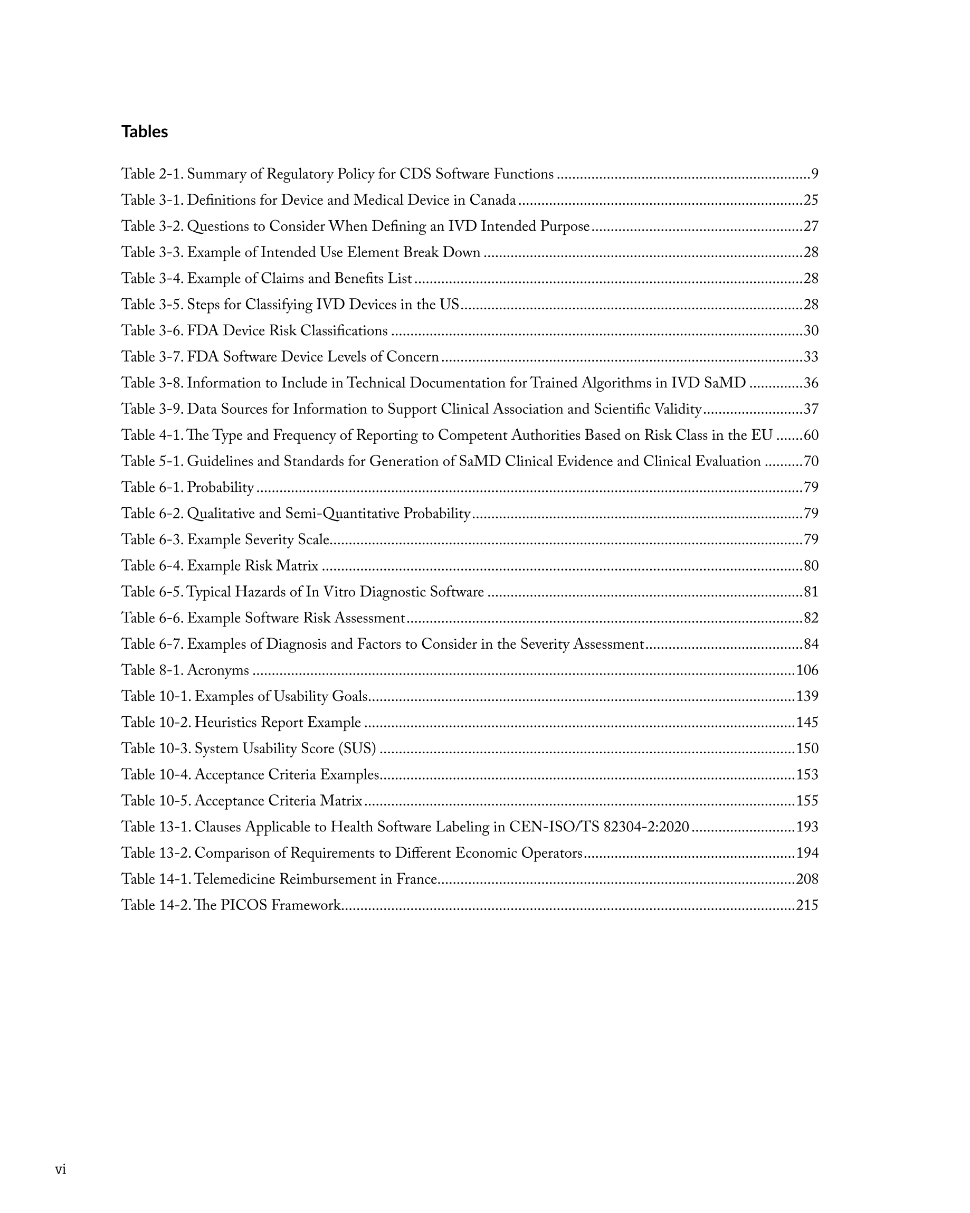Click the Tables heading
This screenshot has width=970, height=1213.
(145, 131)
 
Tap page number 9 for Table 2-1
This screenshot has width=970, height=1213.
(814, 174)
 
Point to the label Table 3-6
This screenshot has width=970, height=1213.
(152, 331)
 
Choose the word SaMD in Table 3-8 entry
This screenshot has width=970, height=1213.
(725, 383)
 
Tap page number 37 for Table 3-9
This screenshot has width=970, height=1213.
(810, 409)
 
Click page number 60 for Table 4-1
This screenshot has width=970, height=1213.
(810, 435)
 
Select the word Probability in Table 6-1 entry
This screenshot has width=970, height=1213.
(220, 488)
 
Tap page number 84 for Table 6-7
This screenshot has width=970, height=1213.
(810, 644)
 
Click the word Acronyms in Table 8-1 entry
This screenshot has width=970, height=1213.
(218, 671)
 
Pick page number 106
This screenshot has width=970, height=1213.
(807, 671)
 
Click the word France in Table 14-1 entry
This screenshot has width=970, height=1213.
(416, 879)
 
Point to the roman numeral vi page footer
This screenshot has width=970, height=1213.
(60, 1170)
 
